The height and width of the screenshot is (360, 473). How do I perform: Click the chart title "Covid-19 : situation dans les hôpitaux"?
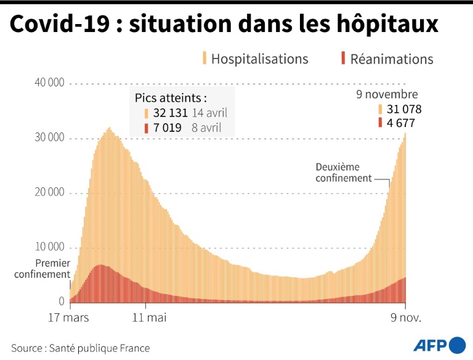(x=224, y=25)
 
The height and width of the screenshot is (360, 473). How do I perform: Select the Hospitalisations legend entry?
(x=259, y=59)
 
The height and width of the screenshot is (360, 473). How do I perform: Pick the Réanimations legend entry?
(x=392, y=59)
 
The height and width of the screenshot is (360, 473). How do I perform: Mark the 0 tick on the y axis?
(x=62, y=301)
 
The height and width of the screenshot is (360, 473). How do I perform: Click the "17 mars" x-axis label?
(x=68, y=318)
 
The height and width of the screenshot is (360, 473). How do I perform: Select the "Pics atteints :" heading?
(x=171, y=97)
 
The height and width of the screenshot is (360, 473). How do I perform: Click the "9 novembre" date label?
(x=387, y=94)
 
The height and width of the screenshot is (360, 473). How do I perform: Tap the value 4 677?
(x=400, y=123)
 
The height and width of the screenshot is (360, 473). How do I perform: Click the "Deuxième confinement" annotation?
(x=344, y=173)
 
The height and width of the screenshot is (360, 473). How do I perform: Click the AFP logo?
(x=439, y=345)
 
